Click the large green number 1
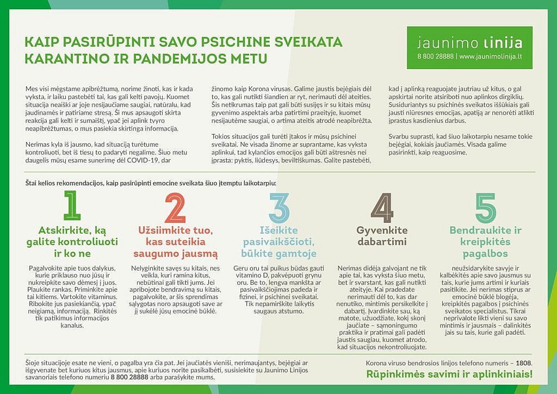point(72,207)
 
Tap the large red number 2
point(175,207)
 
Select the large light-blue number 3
point(278,207)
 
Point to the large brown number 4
point(381,207)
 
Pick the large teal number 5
point(485,207)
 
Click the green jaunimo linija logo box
point(469,48)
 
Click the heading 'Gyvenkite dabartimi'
point(382,235)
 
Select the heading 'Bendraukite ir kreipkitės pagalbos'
point(485,241)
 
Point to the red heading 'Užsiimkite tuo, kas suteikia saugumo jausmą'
point(175,241)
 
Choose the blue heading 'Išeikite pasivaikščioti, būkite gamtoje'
point(278,241)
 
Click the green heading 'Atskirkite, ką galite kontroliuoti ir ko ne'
point(72,241)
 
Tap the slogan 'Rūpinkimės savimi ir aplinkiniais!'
point(449,374)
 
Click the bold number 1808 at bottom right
point(523,362)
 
